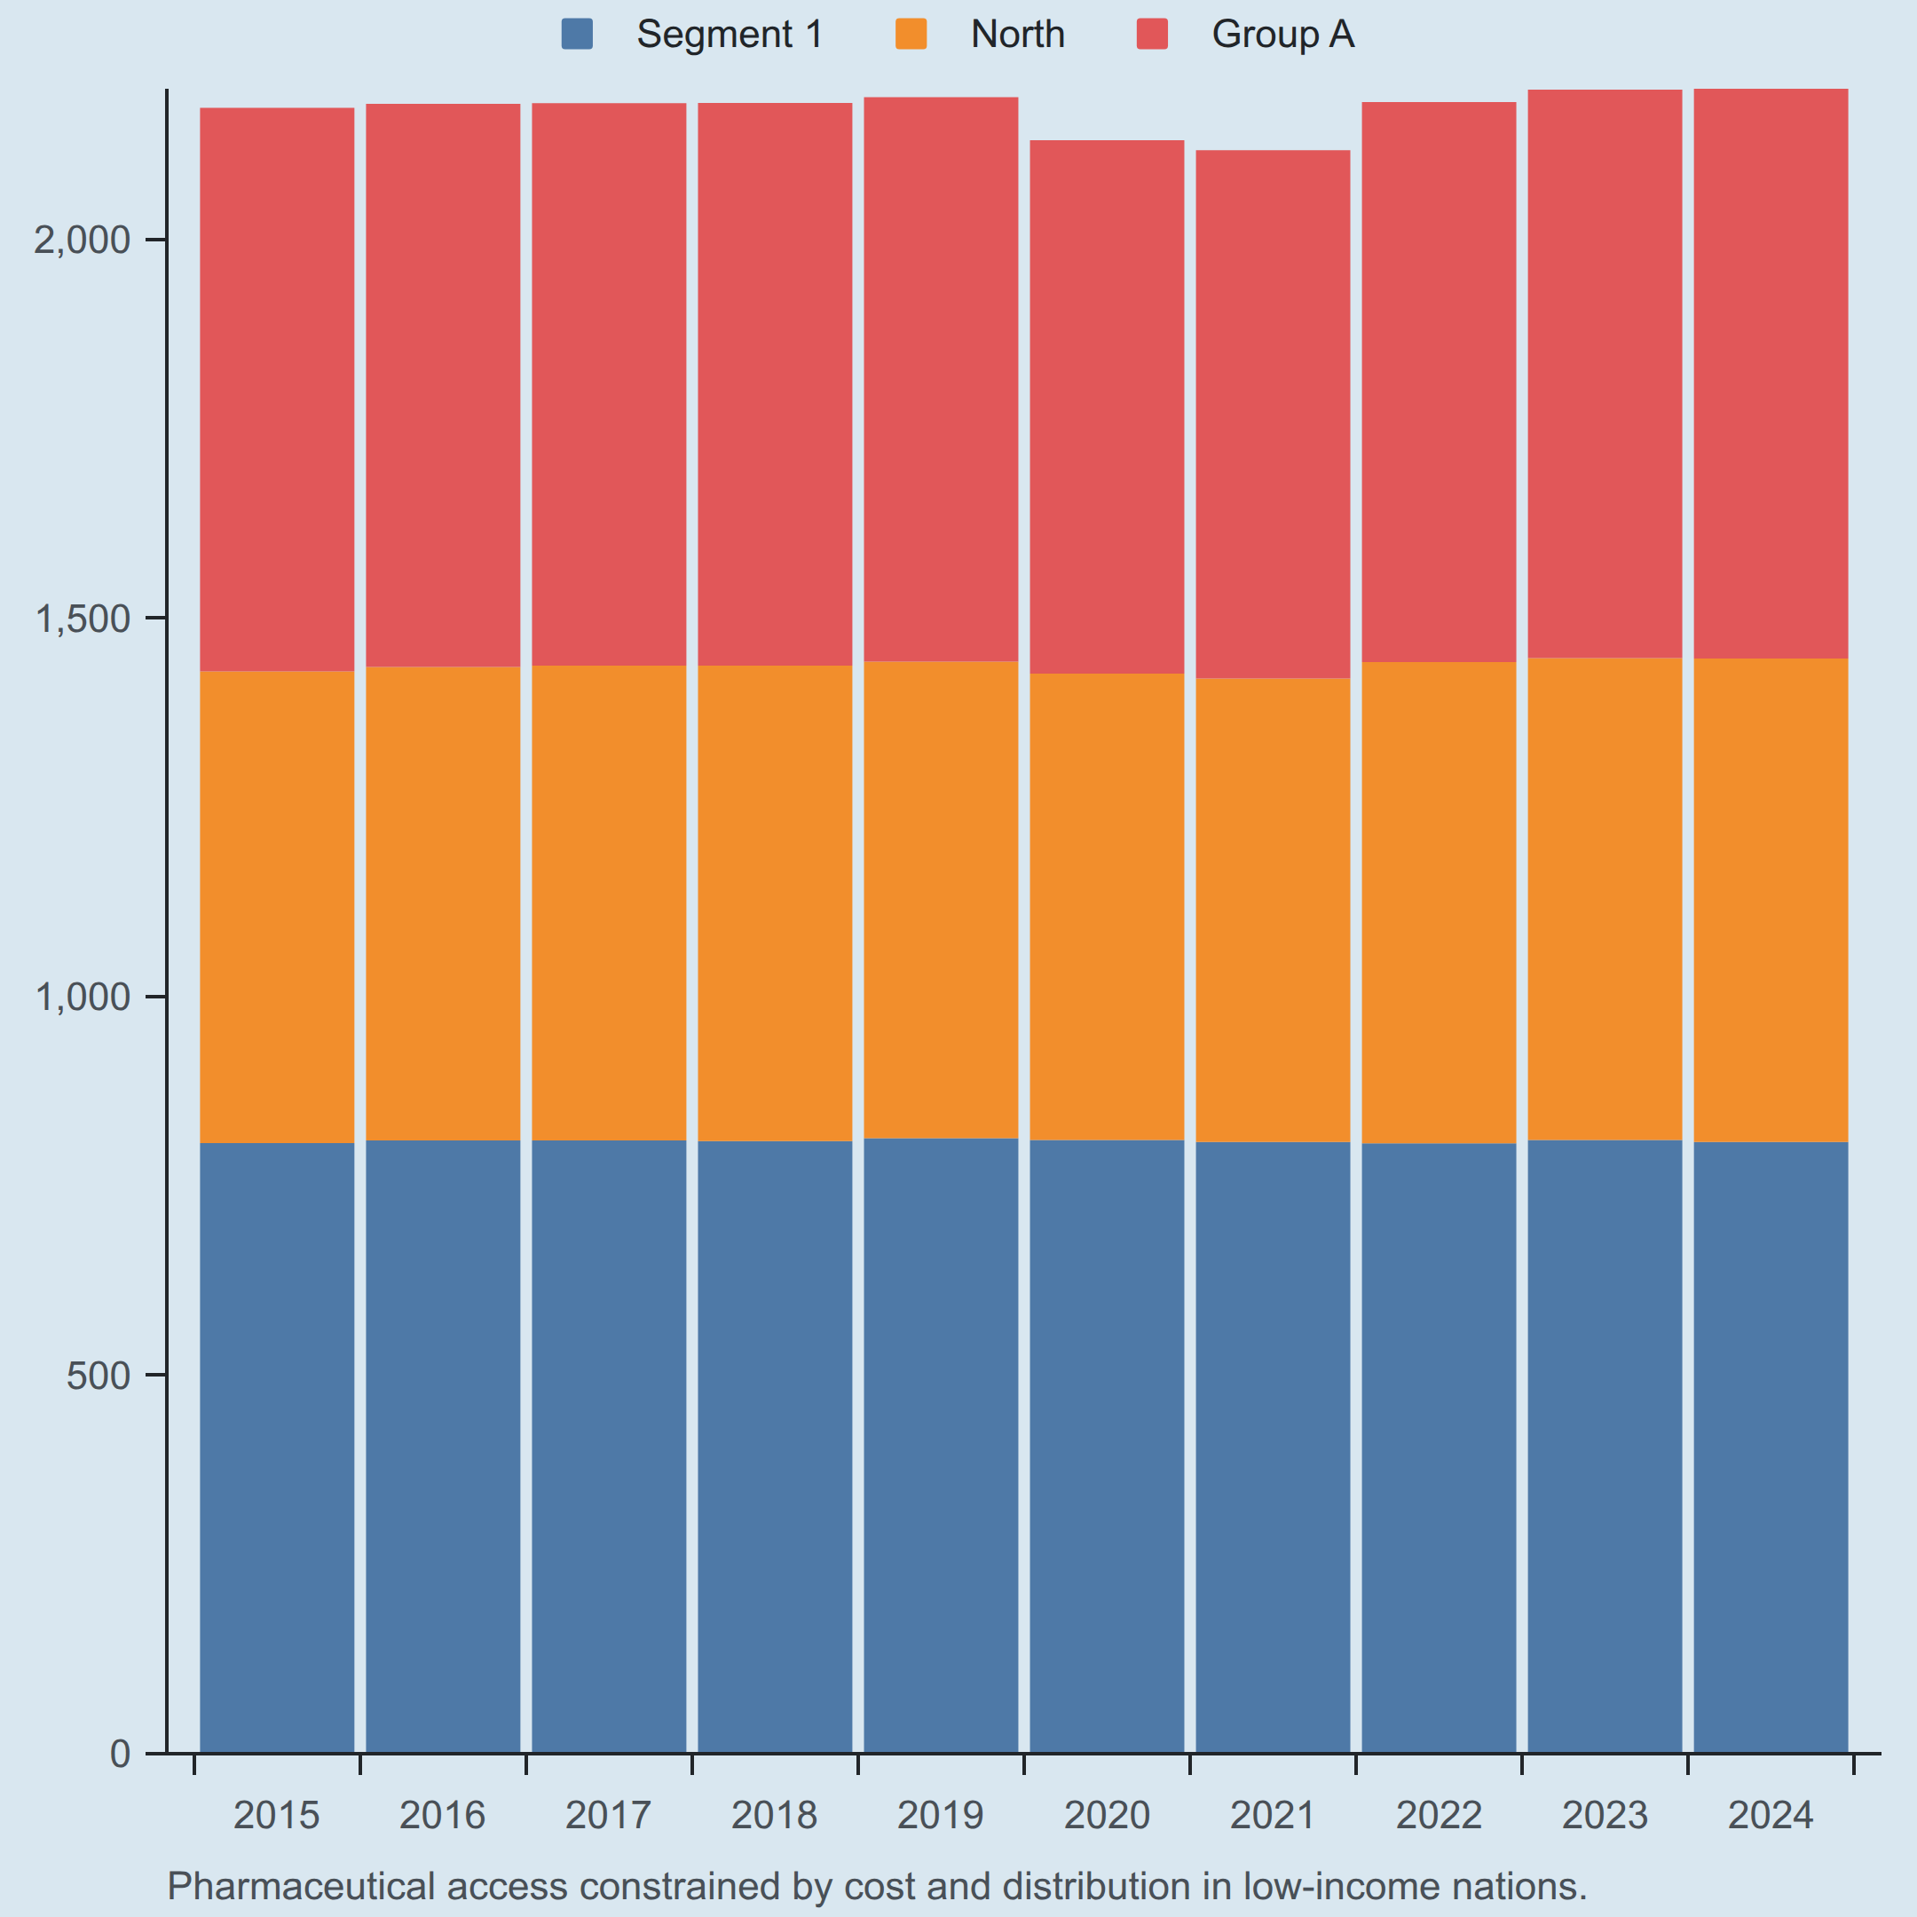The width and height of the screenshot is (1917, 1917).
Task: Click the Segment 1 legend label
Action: pyautogui.click(x=730, y=35)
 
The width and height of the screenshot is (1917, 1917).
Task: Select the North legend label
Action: pyautogui.click(x=1017, y=35)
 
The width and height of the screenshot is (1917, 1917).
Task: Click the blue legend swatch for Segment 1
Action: pyautogui.click(x=577, y=34)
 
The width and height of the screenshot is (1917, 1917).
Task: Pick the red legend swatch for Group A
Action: pyautogui.click(x=1152, y=34)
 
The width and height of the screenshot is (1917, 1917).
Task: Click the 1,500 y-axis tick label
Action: pyautogui.click(x=83, y=619)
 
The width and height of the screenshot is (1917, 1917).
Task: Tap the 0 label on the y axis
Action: pyautogui.click(x=121, y=1754)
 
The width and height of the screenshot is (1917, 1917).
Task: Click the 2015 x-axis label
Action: pyautogui.click(x=277, y=1816)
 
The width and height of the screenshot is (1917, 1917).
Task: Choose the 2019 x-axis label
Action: pyautogui.click(x=941, y=1816)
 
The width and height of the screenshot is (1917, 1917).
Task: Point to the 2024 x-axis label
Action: pyautogui.click(x=1771, y=1816)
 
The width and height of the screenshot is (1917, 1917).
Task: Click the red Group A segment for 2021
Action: pyautogui.click(x=1273, y=414)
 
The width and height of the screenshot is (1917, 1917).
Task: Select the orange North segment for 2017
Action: pyautogui.click(x=609, y=903)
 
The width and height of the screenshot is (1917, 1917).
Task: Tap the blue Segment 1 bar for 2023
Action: pyautogui.click(x=1605, y=1447)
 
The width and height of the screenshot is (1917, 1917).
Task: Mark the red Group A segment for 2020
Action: pyautogui.click(x=1108, y=406)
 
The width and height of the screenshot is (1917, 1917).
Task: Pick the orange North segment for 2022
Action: pyautogui.click(x=1440, y=903)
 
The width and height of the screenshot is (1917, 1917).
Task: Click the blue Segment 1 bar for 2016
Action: pyautogui.click(x=444, y=1447)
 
